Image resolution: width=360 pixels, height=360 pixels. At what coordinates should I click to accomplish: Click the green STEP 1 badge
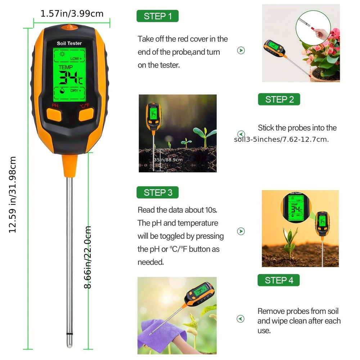pos(157,16)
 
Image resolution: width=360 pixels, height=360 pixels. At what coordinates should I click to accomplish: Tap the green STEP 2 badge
pos(279,99)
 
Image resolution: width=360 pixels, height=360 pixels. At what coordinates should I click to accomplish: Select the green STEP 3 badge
pos(157,193)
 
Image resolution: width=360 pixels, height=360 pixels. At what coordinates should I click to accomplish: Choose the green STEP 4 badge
pos(279,280)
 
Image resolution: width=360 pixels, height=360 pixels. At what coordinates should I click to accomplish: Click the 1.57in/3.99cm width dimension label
pos(72,14)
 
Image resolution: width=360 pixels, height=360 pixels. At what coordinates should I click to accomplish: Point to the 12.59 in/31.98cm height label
pos(13,194)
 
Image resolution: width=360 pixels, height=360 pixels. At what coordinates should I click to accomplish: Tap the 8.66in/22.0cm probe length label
pos(88,257)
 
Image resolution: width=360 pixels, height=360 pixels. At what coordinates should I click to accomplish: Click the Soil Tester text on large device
pos(69,43)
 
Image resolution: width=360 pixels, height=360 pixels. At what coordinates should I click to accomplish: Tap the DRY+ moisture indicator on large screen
pos(75,90)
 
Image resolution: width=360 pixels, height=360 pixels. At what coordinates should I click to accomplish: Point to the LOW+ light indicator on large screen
pos(76,58)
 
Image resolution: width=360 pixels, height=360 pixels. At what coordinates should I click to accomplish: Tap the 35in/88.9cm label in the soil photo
pos(168,159)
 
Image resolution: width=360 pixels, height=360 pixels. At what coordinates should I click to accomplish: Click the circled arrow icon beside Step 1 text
pos(241,50)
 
